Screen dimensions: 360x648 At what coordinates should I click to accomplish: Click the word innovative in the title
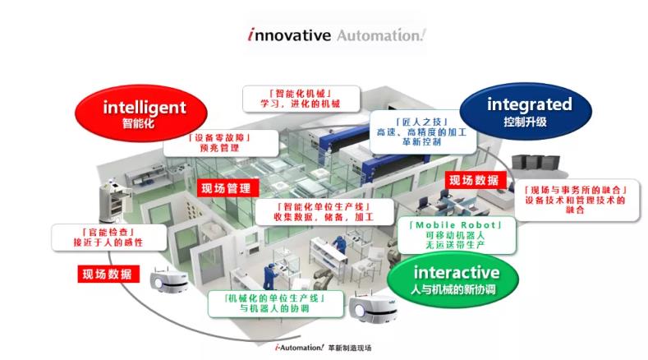click(288, 35)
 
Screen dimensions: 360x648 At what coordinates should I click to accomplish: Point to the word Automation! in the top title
click(382, 35)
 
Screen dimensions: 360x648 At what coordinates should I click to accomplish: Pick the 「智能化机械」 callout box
click(293, 98)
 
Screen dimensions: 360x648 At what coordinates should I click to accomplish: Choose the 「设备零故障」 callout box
click(207, 143)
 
